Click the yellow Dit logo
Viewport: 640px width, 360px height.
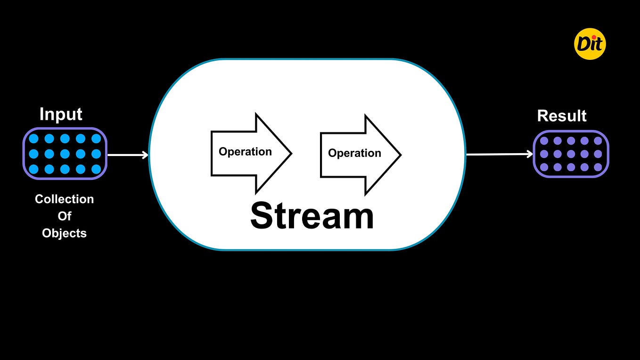[590, 44]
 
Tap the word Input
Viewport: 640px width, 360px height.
[61, 115]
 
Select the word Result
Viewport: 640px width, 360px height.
[562, 116]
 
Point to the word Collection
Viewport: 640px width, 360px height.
[65, 199]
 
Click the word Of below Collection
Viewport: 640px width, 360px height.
[65, 216]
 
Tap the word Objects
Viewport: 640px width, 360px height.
[65, 233]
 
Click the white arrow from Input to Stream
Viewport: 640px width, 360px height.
[128, 155]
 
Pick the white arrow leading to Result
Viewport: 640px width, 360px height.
[499, 154]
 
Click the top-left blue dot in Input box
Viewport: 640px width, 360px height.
[33, 139]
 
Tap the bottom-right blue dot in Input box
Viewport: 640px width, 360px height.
[96, 169]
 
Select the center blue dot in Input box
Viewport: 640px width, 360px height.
[65, 154]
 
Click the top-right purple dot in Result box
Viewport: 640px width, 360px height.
[598, 141]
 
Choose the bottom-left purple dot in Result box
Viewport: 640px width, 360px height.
[544, 167]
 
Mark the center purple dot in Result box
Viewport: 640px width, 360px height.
[571, 154]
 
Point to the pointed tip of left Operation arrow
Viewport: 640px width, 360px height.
[291, 153]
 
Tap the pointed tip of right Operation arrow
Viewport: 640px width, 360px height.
[400, 155]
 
